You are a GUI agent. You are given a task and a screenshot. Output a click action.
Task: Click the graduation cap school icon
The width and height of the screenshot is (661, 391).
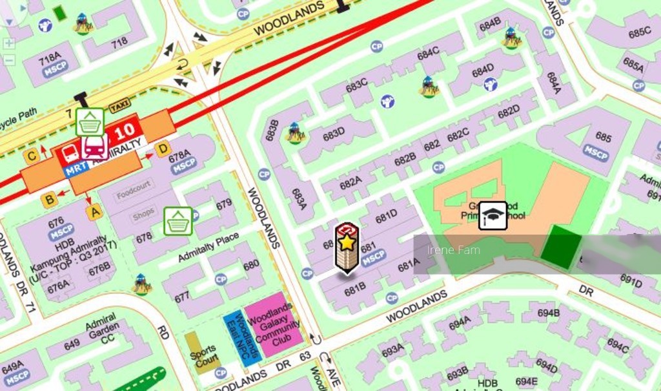(493, 215)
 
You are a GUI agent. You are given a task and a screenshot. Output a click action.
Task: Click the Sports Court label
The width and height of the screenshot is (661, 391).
(201, 355)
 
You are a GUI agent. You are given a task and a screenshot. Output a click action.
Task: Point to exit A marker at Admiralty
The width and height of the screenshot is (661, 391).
(94, 211)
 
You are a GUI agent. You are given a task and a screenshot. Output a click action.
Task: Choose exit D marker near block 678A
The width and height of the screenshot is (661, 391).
(162, 148)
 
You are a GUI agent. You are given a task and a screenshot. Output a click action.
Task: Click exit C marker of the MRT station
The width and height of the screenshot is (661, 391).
(30, 155)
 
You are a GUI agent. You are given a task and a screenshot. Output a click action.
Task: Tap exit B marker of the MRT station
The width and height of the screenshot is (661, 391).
(49, 200)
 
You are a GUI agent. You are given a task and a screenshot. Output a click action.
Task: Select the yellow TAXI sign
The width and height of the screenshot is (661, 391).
(119, 105)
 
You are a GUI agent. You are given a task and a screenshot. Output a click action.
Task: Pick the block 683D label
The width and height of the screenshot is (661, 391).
(334, 134)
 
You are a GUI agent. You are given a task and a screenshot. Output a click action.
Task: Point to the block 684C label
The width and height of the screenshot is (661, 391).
(427, 54)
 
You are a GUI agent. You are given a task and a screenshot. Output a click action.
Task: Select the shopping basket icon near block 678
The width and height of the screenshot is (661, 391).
(178, 221)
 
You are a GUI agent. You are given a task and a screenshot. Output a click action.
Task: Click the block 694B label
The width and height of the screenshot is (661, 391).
(548, 313)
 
